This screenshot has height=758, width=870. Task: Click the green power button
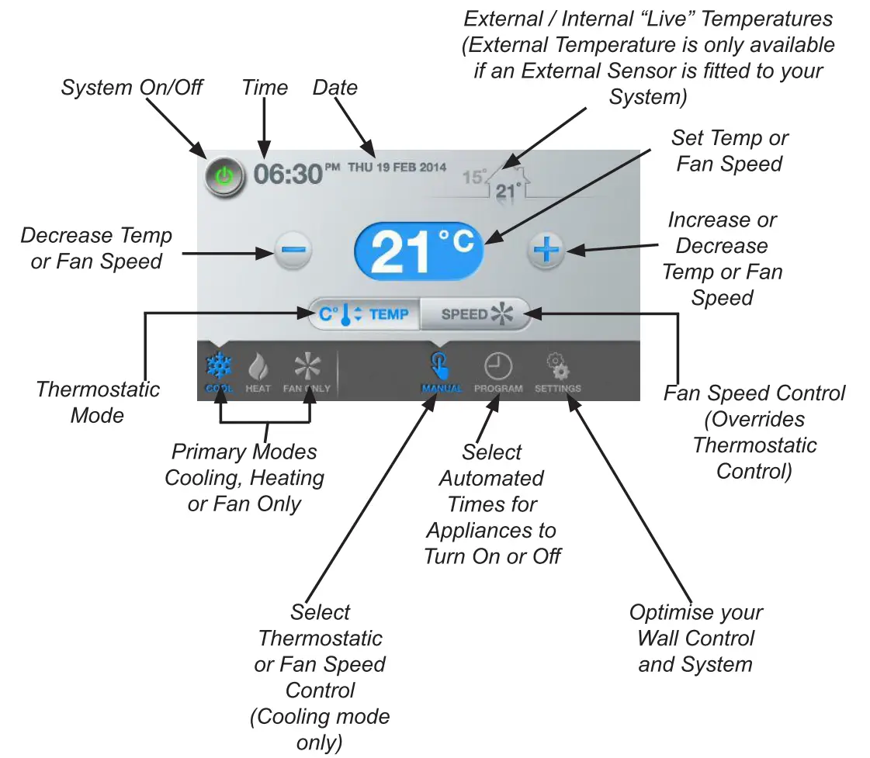(x=224, y=176)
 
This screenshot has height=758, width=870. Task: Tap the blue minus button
(x=293, y=250)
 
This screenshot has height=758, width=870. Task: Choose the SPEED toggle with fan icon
(x=475, y=314)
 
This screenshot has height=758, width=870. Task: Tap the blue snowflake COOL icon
(x=219, y=370)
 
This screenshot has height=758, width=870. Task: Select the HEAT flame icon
(x=258, y=370)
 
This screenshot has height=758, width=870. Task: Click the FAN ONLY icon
(x=307, y=370)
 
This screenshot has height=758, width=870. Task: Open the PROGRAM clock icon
(x=498, y=370)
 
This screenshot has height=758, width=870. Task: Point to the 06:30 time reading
(x=287, y=174)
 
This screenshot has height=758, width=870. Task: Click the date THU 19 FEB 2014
(x=397, y=167)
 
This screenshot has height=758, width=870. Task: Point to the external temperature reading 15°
(x=473, y=177)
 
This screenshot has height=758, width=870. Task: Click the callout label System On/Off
(x=132, y=87)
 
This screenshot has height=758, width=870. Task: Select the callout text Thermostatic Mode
(x=98, y=402)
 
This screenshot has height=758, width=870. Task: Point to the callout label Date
(x=335, y=87)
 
